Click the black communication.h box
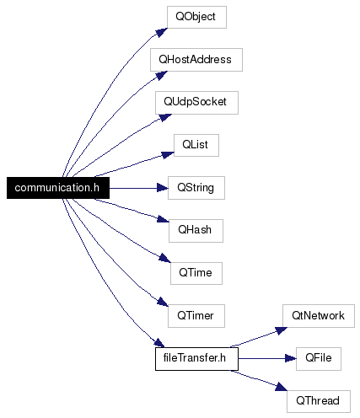pos(58,188)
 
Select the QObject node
pos(196,17)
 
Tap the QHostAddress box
pos(196,60)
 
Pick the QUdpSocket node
pos(196,103)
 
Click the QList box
pos(196,145)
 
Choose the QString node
pos(196,188)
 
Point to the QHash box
pos(196,231)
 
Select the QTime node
pos(196,273)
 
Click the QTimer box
pos(196,316)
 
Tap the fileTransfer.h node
pos(196,359)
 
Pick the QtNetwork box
pos(319,316)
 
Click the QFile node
pos(319,359)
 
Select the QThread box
pos(319,401)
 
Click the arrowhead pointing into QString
pos(163,188)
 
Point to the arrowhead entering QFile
pos(291,359)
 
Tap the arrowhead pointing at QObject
pos(162,32)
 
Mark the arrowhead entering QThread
pos(282,387)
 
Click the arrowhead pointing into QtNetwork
pos(282,330)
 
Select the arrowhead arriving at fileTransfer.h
pos(159,343)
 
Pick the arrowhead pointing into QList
pos(168,155)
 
